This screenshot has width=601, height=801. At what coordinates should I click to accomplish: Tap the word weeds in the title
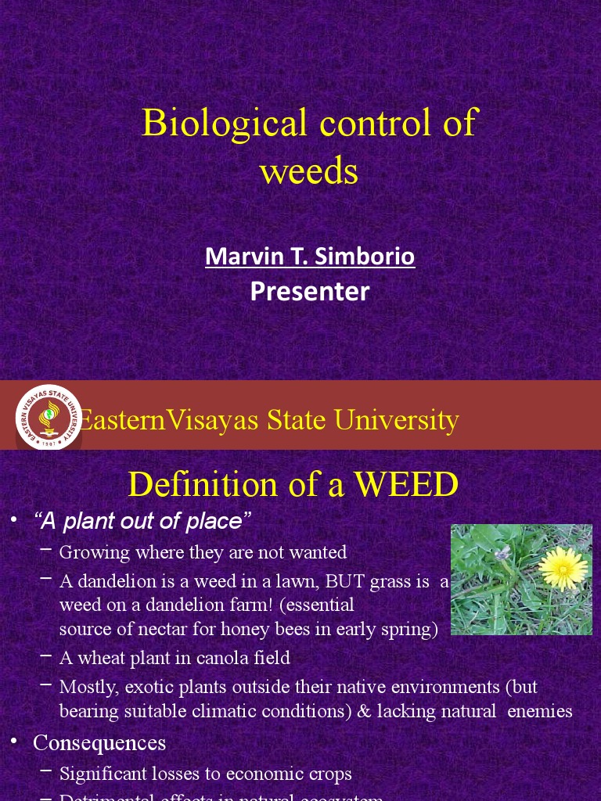tap(309, 171)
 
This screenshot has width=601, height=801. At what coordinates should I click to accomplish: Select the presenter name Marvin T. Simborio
tap(310, 256)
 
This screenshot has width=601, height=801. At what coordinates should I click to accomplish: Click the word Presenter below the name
tap(310, 291)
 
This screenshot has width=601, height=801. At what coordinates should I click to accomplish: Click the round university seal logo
tap(49, 417)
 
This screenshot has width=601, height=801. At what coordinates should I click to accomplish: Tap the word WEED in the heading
tap(406, 484)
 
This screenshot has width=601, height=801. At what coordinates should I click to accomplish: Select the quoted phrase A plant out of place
tap(142, 521)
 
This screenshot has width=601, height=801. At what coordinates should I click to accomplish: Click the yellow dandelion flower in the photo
tap(563, 568)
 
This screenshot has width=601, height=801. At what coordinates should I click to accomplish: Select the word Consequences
tap(99, 742)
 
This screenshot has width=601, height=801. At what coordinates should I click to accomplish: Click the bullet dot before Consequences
tap(13, 740)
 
